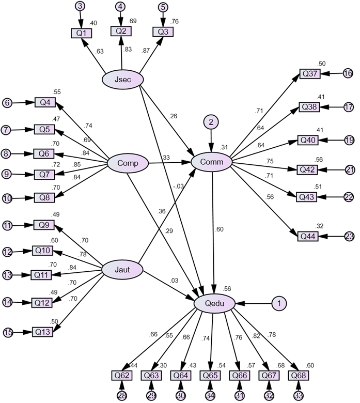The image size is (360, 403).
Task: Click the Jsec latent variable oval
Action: [122, 79]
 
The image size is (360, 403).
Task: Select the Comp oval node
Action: [127, 163]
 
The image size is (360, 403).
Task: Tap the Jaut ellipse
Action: [122, 269]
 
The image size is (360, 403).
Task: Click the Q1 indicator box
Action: [81, 34]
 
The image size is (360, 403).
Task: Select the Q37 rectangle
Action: [310, 74]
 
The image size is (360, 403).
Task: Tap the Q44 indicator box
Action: [309, 236]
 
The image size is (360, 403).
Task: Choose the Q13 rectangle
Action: [43, 331]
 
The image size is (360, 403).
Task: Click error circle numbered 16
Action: [348, 74]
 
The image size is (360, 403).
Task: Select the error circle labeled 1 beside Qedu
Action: [279, 304]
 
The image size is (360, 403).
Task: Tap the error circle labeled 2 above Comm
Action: [211, 122]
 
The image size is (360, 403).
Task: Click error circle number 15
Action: [7, 332]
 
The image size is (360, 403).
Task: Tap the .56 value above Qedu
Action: [228, 289]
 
